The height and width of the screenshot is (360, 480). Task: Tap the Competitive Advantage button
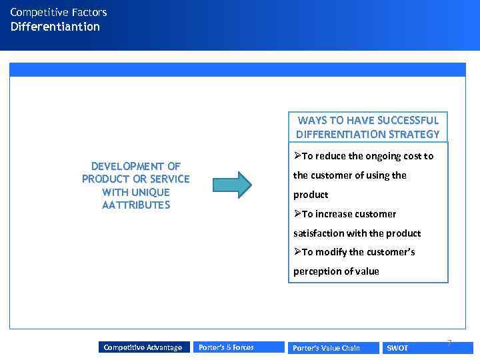(x=143, y=347)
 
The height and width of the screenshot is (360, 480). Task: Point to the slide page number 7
(x=449, y=343)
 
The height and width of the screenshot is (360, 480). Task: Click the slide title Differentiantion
(x=55, y=27)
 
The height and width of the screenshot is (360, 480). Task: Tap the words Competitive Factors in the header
(x=59, y=12)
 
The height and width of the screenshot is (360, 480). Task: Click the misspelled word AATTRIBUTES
(x=136, y=205)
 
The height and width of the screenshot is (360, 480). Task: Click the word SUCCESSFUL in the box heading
(x=408, y=121)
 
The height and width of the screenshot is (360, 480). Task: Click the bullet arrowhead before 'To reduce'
(x=297, y=156)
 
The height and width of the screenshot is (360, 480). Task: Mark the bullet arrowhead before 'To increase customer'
(x=297, y=214)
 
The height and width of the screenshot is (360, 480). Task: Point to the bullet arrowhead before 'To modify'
(x=297, y=252)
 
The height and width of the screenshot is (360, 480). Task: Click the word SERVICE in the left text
(x=169, y=179)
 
